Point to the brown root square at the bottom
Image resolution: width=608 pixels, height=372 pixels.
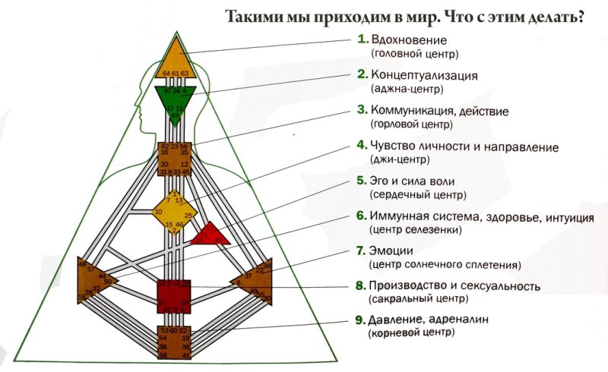(175, 342)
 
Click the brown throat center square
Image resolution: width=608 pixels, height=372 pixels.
(175, 159)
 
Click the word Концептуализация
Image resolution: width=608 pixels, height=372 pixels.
(424, 74)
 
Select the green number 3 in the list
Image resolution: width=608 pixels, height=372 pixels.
(363, 110)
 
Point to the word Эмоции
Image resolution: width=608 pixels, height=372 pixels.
(392, 251)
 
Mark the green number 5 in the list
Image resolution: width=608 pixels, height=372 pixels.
(363, 181)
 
